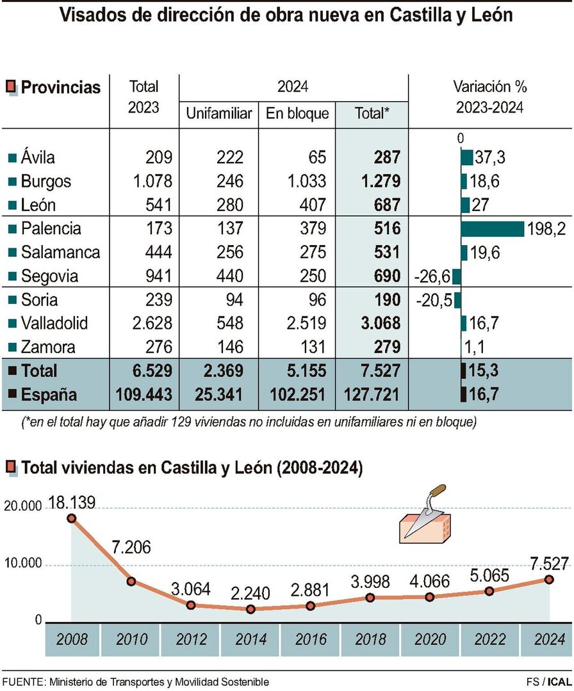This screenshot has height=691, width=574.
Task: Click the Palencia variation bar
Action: (x=492, y=228)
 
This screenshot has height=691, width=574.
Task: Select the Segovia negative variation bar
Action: (x=456, y=276)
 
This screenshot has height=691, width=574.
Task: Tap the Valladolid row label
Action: (x=54, y=323)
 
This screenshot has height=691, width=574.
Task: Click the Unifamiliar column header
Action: (x=218, y=114)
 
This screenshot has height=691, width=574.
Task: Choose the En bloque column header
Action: (x=297, y=114)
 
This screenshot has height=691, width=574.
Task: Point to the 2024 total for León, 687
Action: (x=386, y=205)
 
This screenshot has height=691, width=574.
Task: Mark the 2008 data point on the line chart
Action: (x=71, y=518)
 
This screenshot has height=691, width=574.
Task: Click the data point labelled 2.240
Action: (x=250, y=609)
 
